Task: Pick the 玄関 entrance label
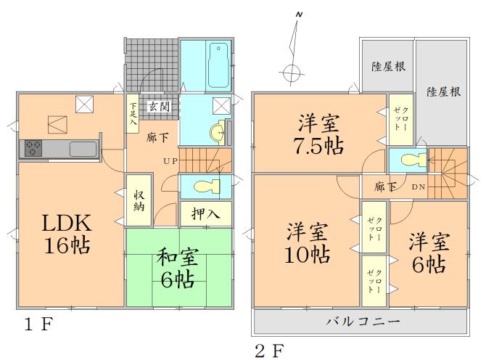click(x=160, y=106)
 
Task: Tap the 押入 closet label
click(x=206, y=213)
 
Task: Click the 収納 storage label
click(x=140, y=199)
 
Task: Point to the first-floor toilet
click(x=203, y=186)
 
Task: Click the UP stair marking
click(x=170, y=160)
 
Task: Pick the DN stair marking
click(x=419, y=187)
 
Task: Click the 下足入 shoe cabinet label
click(x=133, y=113)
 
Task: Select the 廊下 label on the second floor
click(x=385, y=187)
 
